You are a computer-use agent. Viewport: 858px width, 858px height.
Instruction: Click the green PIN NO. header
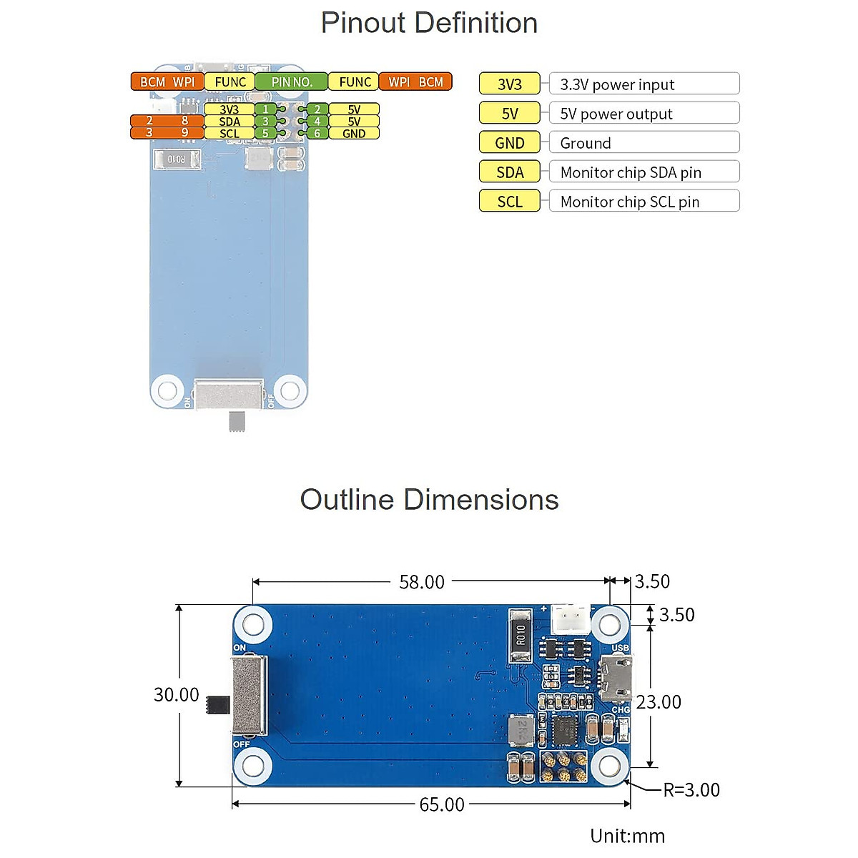pos(291,82)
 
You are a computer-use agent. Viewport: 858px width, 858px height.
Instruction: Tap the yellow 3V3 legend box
pos(509,84)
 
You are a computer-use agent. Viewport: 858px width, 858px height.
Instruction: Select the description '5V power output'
pos(616,114)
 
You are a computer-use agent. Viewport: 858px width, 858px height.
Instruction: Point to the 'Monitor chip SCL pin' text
pos(630,202)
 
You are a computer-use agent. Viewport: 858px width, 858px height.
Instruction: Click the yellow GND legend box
pos(509,142)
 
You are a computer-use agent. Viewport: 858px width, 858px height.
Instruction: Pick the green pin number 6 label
pos(317,133)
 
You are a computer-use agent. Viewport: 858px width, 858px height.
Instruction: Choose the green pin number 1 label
pos(266,109)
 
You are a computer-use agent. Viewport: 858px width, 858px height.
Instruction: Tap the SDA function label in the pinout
pos(230,121)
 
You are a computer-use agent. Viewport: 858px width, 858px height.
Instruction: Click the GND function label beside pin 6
pos(354,133)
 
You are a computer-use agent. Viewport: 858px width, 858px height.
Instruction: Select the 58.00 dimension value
pos(422,582)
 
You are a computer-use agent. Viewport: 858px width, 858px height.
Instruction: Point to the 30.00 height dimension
pos(177,694)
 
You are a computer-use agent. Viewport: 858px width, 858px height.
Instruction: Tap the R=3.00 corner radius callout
pos(691,790)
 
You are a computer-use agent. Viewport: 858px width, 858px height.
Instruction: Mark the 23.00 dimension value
pos(659,702)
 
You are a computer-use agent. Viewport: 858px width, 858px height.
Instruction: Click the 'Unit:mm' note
pos(627,836)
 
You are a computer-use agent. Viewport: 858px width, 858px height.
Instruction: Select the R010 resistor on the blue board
pos(520,635)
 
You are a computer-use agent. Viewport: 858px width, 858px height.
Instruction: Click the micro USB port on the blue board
pos(616,678)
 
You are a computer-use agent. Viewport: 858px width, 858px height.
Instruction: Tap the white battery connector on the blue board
pos(571,619)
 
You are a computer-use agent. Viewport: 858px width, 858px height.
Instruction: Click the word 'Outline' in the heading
pos(347,499)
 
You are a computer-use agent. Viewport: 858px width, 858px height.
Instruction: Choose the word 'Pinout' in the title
pos(364,23)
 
